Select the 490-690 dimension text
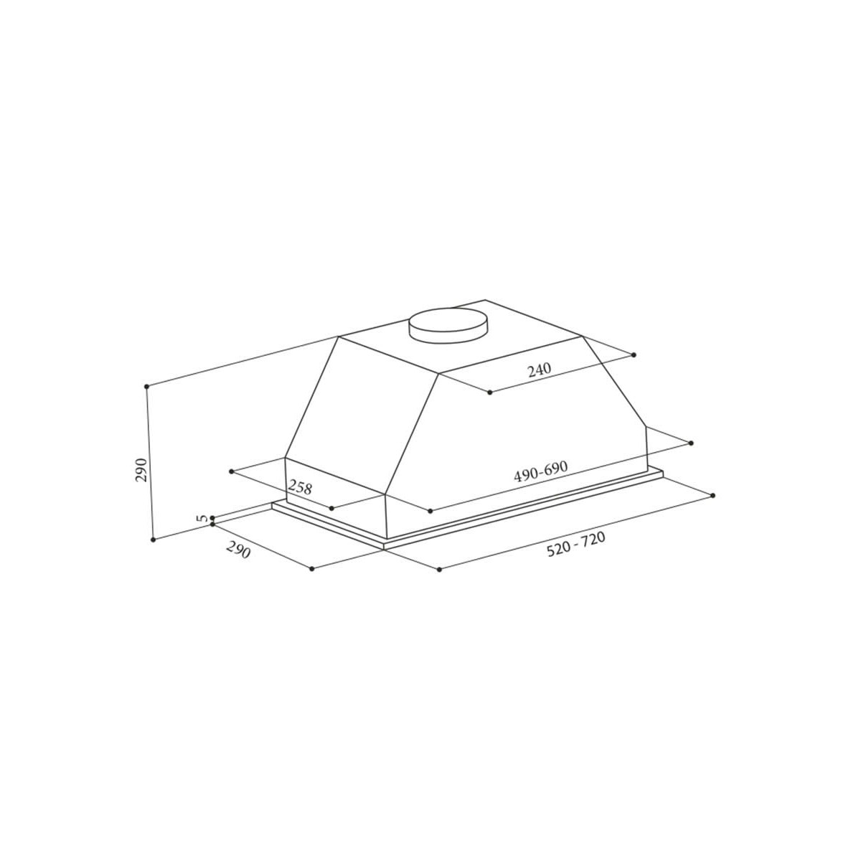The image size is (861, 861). pos(541,471)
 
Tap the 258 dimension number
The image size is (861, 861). pos(299,486)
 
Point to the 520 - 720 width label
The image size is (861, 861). pos(576,545)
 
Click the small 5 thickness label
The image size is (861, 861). pos(203,518)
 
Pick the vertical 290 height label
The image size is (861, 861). pos(141,469)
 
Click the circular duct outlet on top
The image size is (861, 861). pos(448,326)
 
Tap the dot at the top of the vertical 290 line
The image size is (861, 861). pos(146,387)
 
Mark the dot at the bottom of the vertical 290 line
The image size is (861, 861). pos(154,540)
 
